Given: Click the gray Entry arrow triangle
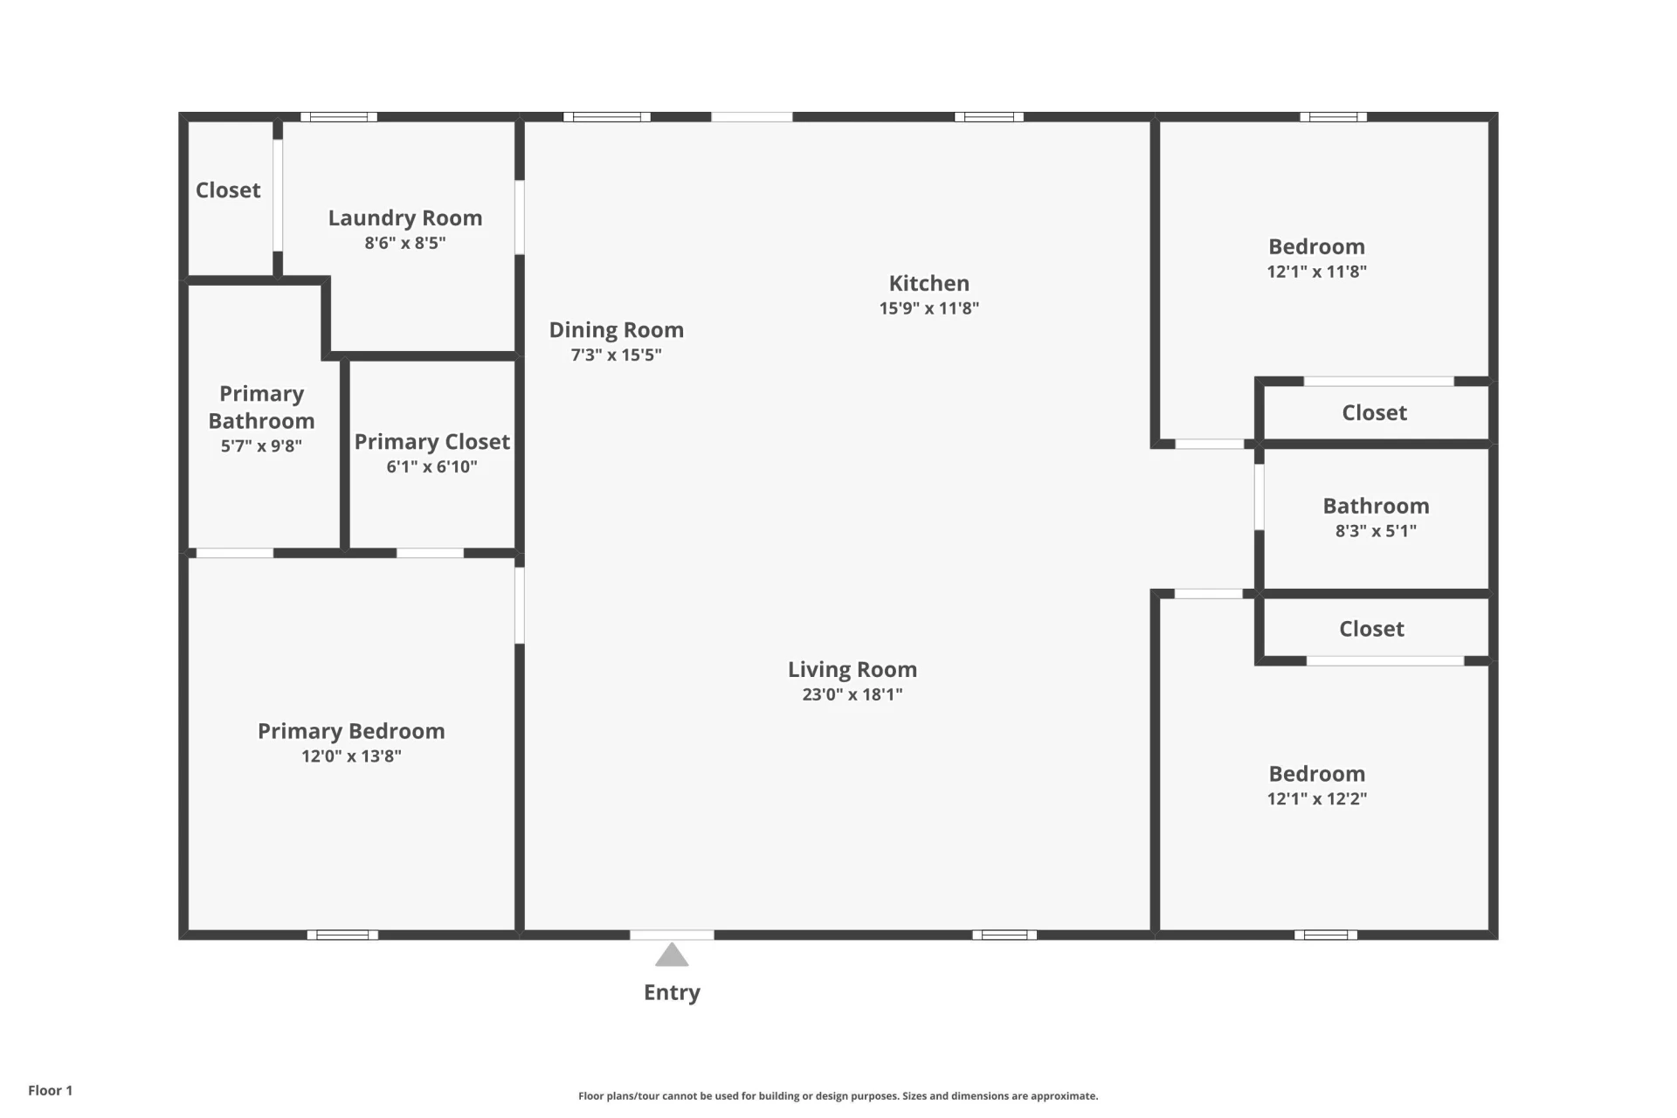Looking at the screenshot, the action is [x=672, y=955].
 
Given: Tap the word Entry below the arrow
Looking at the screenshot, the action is [x=672, y=992].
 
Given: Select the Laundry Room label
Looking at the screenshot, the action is [x=405, y=217].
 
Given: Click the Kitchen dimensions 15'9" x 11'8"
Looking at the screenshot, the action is [x=929, y=307].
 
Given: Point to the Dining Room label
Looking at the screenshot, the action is [x=617, y=330].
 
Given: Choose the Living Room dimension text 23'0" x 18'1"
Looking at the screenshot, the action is [x=852, y=694].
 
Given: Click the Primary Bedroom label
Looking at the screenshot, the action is [x=351, y=731].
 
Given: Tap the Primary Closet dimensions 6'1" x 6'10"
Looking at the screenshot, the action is [x=431, y=466].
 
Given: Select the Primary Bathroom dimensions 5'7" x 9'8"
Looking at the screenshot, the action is [x=261, y=445].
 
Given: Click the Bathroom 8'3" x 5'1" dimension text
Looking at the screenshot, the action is [x=1376, y=530].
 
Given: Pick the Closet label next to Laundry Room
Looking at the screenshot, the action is [x=228, y=190].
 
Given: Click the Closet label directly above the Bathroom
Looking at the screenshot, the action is [x=1375, y=412].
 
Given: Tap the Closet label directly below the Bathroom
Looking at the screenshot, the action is [x=1372, y=629].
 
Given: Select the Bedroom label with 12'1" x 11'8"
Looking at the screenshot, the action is [x=1317, y=246].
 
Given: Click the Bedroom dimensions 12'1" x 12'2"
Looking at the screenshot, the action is [x=1317, y=798].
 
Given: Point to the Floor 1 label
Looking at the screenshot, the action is [x=51, y=1090].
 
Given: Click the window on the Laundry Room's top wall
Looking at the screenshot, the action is [x=339, y=117].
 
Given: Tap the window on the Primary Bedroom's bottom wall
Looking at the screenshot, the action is [x=342, y=935].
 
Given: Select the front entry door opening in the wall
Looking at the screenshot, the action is [x=672, y=935].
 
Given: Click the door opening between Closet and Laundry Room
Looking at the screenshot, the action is [x=278, y=196].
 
